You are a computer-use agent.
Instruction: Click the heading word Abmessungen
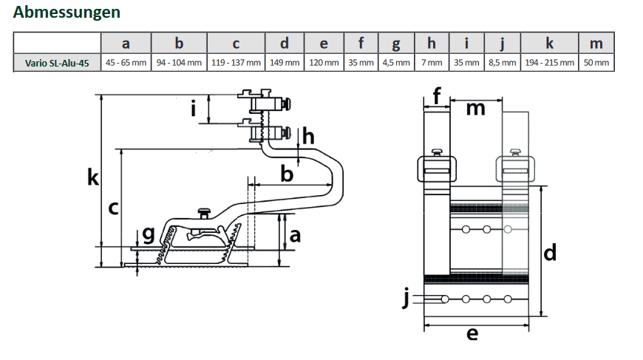click(67, 13)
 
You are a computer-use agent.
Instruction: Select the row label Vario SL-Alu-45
click(57, 63)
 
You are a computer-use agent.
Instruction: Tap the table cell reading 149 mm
click(285, 63)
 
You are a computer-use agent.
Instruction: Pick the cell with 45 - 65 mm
click(126, 63)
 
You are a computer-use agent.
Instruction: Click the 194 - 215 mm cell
click(549, 63)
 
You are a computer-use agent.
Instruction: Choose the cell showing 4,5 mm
click(396, 63)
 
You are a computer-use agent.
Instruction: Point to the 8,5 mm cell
click(503, 63)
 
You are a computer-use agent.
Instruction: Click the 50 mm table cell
click(596, 63)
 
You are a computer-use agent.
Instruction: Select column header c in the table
click(236, 43)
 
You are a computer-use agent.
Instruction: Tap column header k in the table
click(549, 43)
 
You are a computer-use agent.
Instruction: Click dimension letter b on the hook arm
click(287, 174)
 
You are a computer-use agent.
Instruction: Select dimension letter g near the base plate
click(149, 235)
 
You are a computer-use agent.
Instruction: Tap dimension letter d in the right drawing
click(550, 253)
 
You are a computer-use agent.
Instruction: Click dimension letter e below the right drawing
click(472, 334)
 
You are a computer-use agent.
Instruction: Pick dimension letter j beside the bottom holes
click(406, 298)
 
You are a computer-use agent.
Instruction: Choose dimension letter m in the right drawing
click(476, 108)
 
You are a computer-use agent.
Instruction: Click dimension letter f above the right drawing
click(436, 95)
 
